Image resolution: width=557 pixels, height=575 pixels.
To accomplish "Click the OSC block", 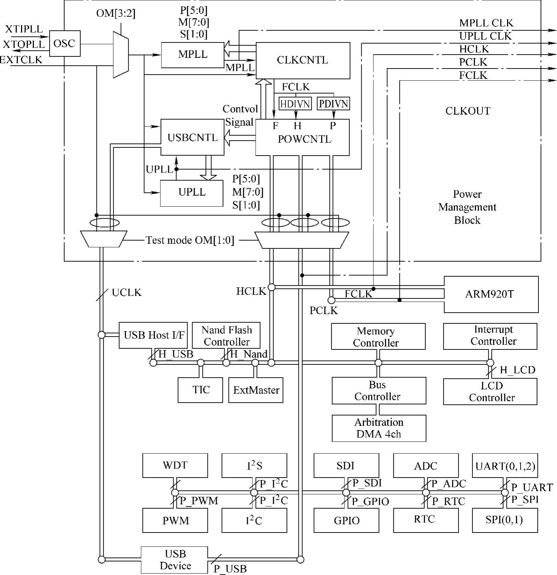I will point(65,44).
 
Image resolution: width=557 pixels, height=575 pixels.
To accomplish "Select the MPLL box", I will point(193,55).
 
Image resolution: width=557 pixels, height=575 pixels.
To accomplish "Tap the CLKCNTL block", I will point(303,60).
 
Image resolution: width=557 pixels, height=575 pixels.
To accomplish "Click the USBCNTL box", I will point(192,137).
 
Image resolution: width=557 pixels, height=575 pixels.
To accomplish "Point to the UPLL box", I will point(191,193).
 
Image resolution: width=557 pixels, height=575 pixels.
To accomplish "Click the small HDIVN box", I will point(295,104).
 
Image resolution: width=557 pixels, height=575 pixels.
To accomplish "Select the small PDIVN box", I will point(333,104).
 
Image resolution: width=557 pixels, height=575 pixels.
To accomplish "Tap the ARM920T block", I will point(491,294).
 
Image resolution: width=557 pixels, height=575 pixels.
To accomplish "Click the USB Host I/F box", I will point(153,335).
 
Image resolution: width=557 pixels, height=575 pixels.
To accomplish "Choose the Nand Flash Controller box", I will point(226,336).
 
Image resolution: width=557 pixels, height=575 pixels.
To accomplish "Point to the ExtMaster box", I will point(256,390).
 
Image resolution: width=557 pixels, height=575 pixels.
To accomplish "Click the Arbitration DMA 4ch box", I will point(379,428).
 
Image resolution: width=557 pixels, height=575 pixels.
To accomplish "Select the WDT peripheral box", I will point(175,465).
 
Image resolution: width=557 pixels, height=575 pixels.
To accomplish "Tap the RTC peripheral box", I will point(426,519).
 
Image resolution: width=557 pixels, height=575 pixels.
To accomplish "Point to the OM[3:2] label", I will point(116,14).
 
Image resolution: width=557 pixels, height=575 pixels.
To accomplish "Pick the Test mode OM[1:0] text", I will point(190,240).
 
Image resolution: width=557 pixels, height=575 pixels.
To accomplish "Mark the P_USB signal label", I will point(230,569).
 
